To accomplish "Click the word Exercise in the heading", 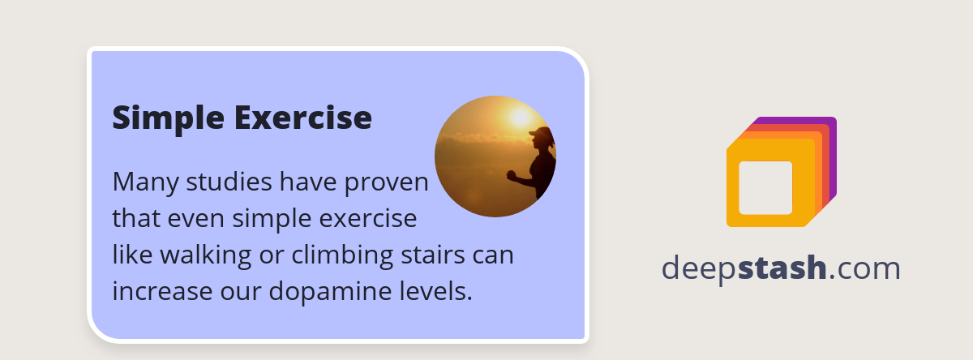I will click(303, 118).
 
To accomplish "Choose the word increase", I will click(157, 290).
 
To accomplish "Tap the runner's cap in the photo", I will click(541, 132).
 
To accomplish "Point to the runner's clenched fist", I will click(512, 174).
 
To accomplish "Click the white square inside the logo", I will click(765, 187).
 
